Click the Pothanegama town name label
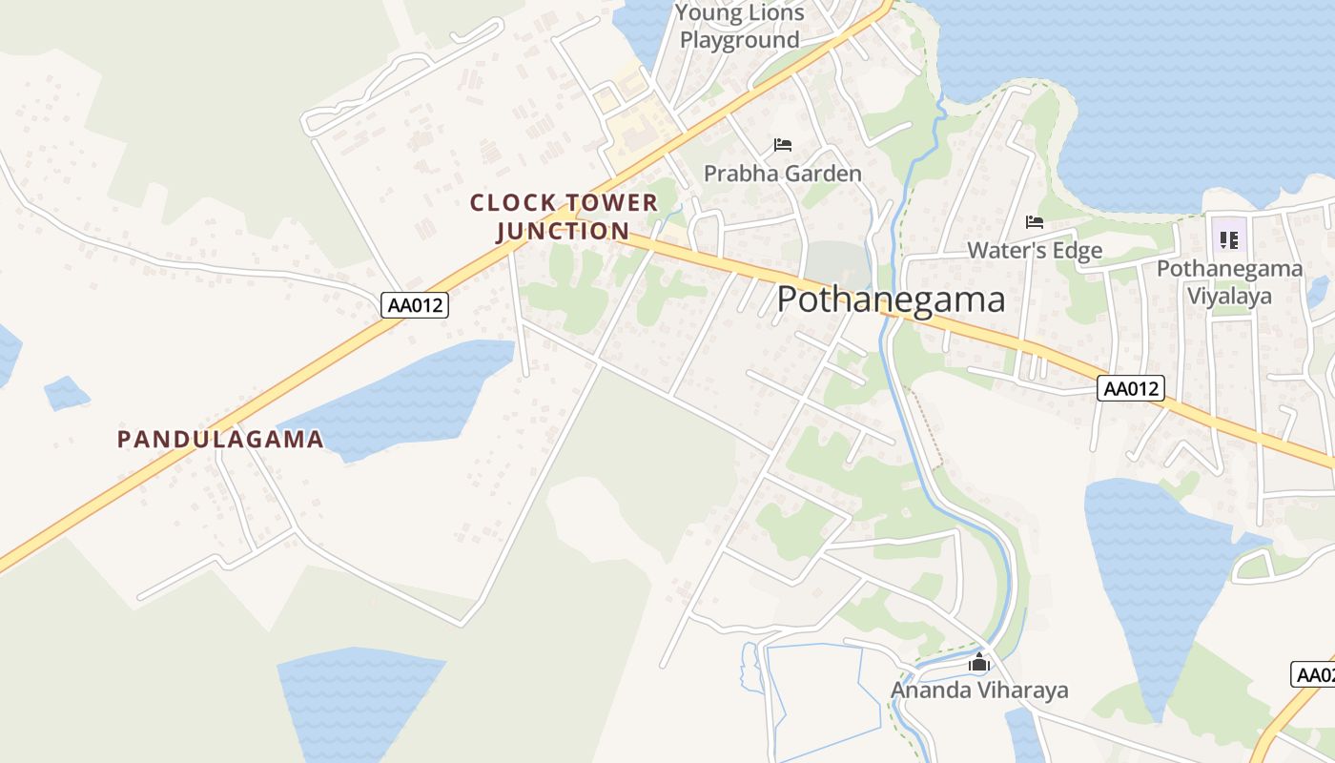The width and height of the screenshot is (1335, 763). coord(891,299)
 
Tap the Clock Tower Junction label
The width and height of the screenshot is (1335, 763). coord(564,217)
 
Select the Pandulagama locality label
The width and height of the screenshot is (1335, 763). coord(220,440)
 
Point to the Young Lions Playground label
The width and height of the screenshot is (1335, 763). coord(740,27)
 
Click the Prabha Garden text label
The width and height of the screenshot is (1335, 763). coord(783,174)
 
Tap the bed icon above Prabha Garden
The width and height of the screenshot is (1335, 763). coord(783,145)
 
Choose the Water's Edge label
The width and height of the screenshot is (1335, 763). coord(1035,251)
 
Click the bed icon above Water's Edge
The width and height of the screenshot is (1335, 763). coord(1035,222)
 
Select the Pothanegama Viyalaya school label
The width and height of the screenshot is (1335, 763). coord(1229,281)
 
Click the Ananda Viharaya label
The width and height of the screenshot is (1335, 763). coord(979,690)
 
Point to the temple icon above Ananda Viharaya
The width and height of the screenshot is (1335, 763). coord(979,663)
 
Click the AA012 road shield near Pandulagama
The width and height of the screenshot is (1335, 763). coord(415,305)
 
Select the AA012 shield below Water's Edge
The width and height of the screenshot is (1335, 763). coord(1131,388)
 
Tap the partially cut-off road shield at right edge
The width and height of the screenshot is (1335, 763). coord(1316,674)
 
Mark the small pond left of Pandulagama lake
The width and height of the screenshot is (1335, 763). coord(66,392)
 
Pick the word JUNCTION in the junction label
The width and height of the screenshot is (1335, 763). coord(564,231)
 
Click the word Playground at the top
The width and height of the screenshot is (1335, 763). coord(740,40)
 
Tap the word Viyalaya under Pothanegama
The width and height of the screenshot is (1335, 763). coord(1229,296)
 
